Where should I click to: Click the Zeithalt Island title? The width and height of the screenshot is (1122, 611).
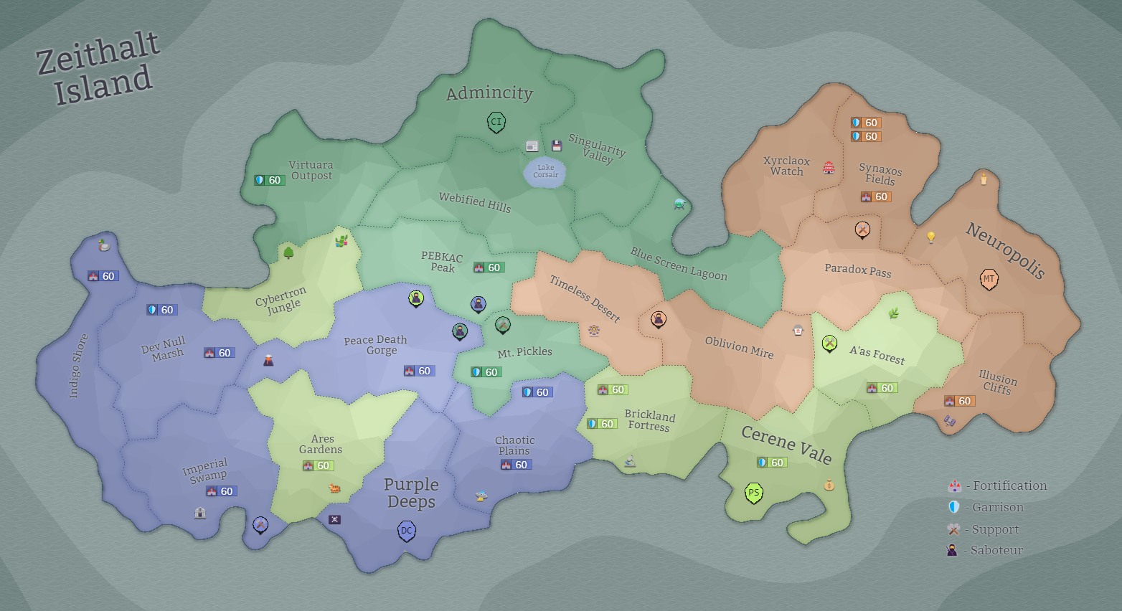coord(98,69)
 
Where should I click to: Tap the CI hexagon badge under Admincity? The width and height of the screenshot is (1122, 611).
coord(496,122)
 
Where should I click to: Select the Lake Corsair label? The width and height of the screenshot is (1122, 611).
coord(545,171)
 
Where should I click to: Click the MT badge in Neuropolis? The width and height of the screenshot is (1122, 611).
coord(989,279)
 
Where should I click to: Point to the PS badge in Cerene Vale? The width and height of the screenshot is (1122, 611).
coord(753,493)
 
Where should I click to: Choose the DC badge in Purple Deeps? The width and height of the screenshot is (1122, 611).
coord(407,531)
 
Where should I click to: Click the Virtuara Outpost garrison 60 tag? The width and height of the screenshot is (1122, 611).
coord(269,180)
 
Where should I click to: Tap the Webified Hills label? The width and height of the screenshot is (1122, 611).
coord(475,202)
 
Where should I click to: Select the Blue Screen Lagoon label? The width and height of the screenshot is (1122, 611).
coord(679,264)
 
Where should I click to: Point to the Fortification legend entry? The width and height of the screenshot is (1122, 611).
coord(998,486)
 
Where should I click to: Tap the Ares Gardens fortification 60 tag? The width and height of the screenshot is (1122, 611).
coord(318,465)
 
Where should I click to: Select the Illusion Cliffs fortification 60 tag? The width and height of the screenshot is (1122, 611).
coord(959,401)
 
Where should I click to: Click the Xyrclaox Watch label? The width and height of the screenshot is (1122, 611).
coord(787,166)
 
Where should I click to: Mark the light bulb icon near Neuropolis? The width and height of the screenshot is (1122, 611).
coord(931,237)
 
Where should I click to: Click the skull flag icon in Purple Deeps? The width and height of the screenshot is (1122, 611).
coord(334,519)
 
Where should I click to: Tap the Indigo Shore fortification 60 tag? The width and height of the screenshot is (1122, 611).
coord(103,276)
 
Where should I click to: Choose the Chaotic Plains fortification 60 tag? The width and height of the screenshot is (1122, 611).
coord(516,465)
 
